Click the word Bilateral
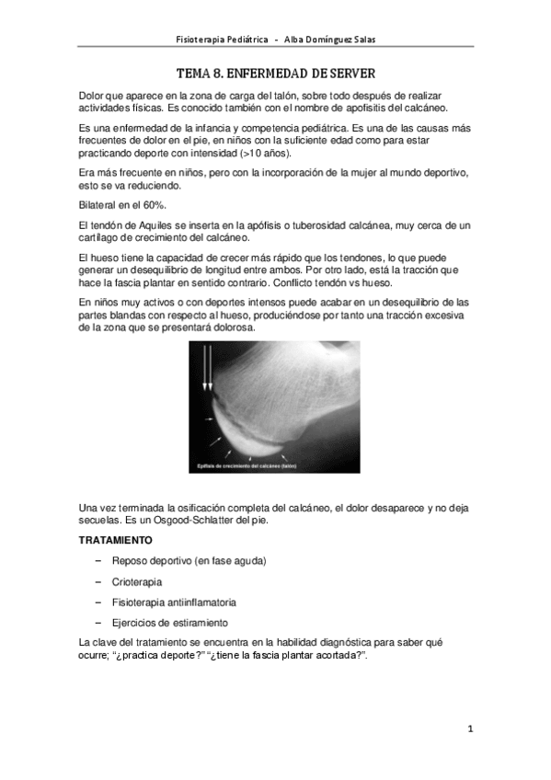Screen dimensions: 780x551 99,204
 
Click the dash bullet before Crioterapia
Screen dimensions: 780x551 97,582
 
